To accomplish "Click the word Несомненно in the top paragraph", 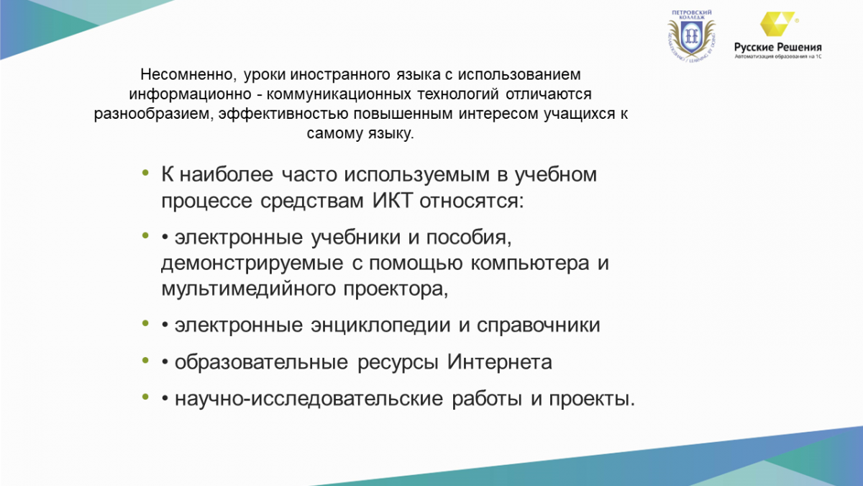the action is pos(188,75).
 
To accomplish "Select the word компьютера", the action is pos(530,264).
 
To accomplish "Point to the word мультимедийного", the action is pos(249,289).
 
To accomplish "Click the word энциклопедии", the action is pos(380,325).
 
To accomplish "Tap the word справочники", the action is pos(538,325).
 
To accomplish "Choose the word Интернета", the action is pos(499,361).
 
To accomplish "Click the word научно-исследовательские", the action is pos(309,399).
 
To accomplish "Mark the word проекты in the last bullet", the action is pos(592,399).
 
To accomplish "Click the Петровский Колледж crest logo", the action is pos(692,36).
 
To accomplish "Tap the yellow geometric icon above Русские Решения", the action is pos(777,24).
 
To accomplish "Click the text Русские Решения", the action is pos(778,48).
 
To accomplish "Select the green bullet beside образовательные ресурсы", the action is pos(145,360).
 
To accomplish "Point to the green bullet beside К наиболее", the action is pos(145,172).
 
